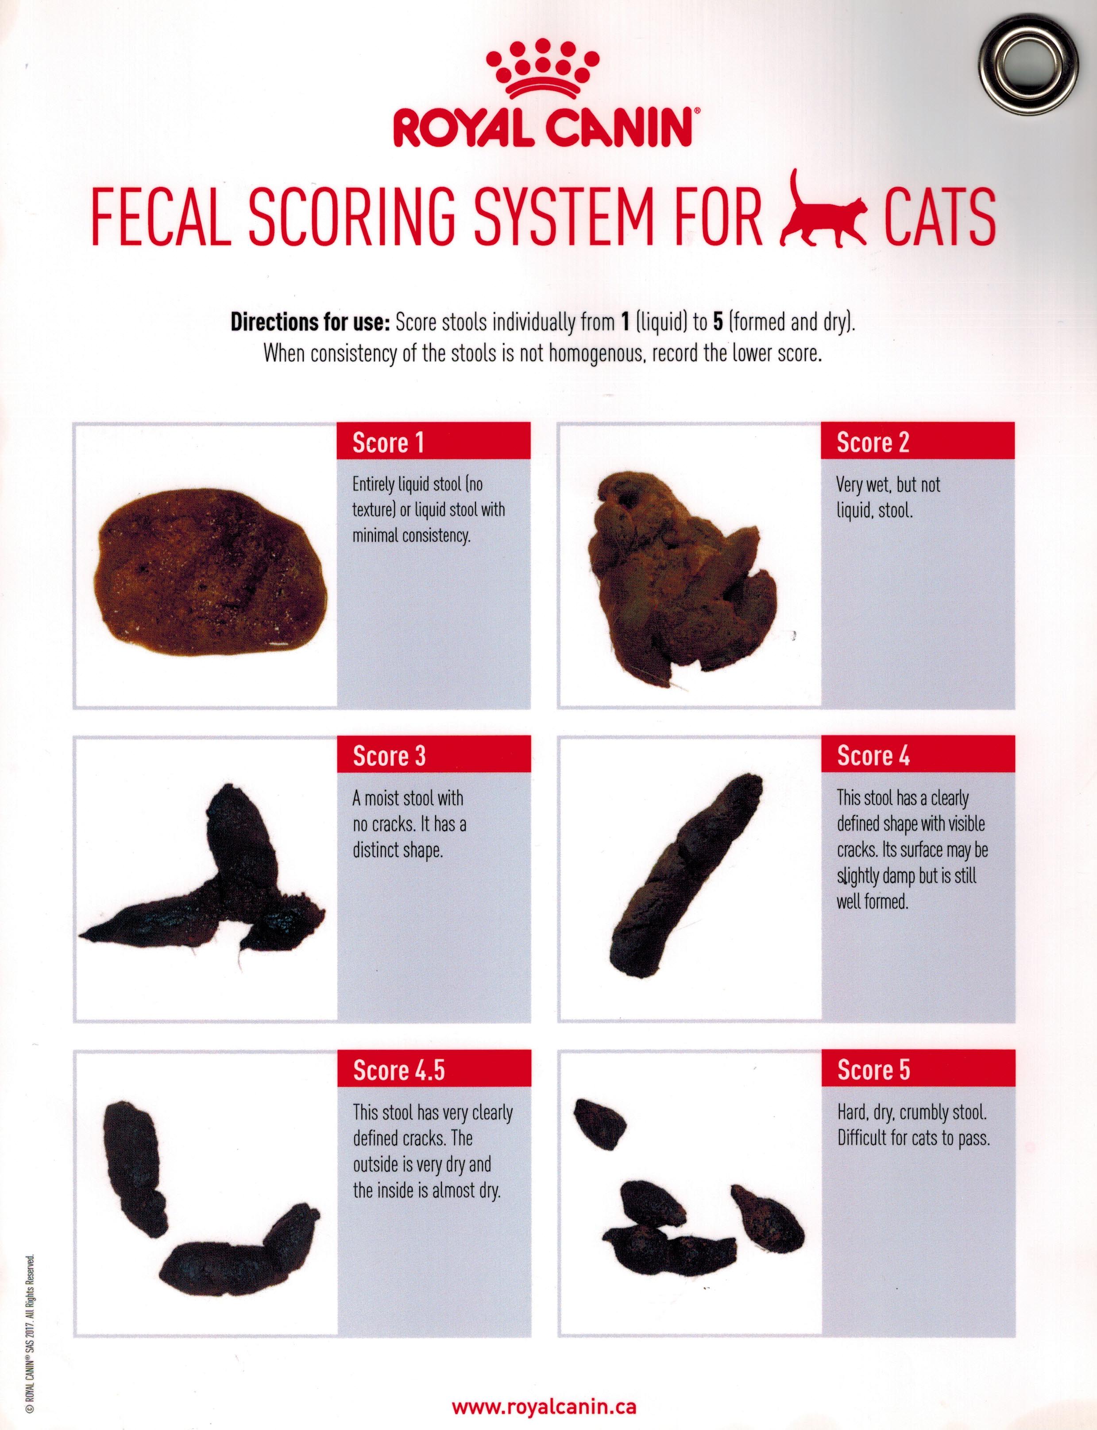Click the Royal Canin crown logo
pyautogui.click(x=543, y=69)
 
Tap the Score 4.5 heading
pyautogui.click(x=399, y=1070)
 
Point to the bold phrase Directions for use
pyautogui.click(x=310, y=323)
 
